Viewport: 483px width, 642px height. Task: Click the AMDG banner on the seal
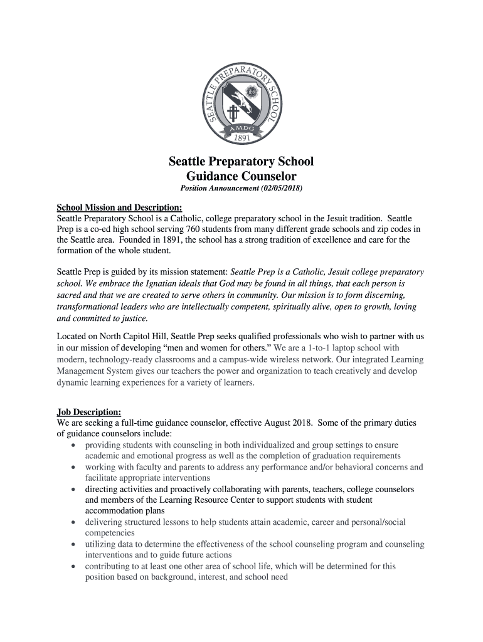coord(242,125)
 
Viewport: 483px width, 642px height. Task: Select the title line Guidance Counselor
coord(242,176)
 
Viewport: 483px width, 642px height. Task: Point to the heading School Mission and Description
coord(120,208)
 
